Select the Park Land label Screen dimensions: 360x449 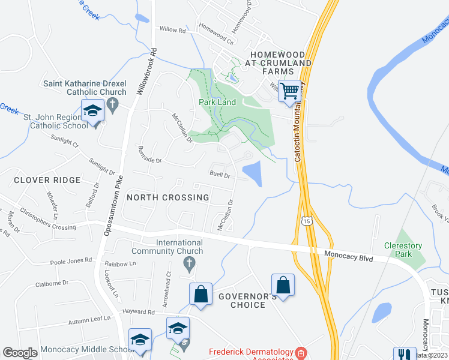(217, 102)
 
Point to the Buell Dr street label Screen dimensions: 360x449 (220, 175)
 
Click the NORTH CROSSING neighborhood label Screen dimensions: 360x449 (168, 197)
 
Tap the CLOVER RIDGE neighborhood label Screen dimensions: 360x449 (47, 180)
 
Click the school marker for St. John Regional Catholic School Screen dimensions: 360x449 (93, 112)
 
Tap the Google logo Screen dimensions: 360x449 (20, 353)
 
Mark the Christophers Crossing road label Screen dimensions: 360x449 (48, 218)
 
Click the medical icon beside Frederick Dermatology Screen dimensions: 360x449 (301, 352)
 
